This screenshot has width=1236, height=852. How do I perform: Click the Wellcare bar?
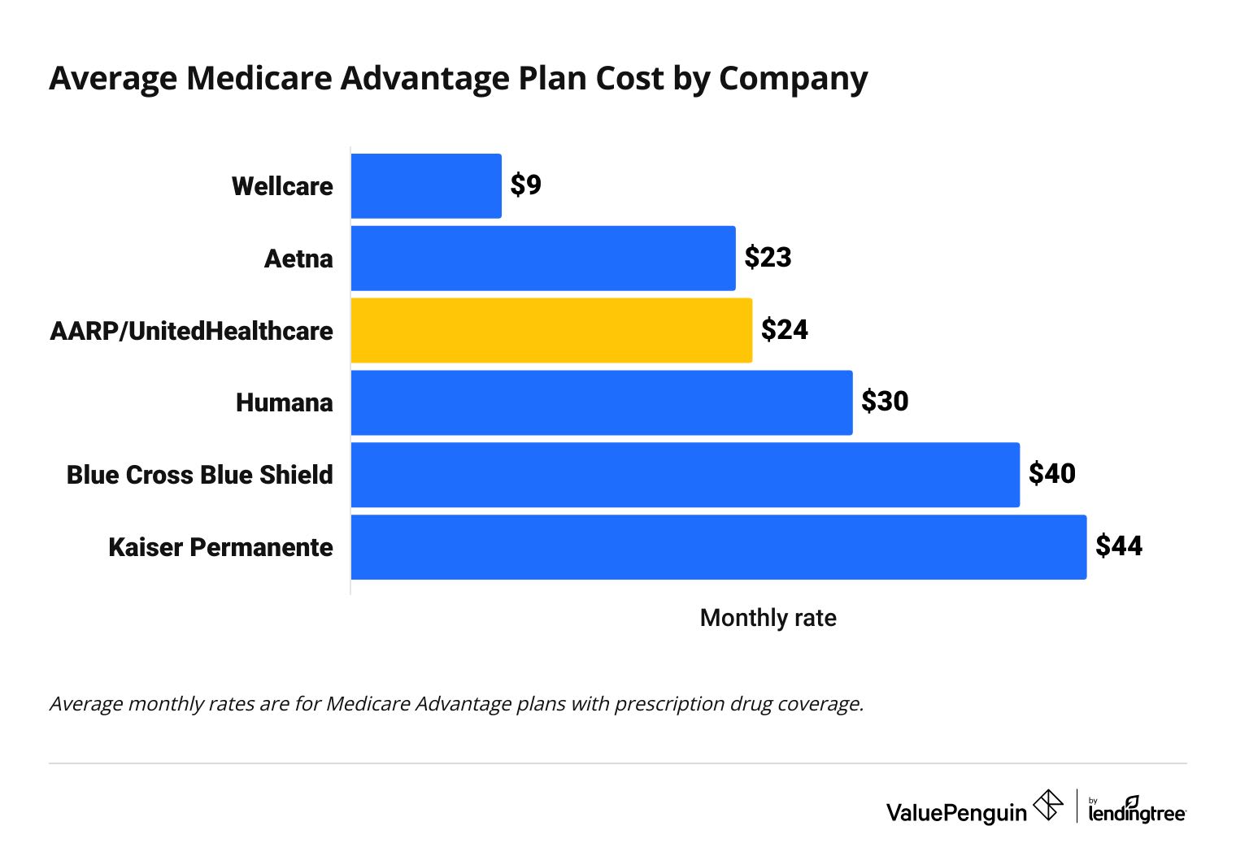pyautogui.click(x=426, y=186)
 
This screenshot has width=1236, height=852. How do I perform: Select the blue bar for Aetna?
pyautogui.click(x=543, y=259)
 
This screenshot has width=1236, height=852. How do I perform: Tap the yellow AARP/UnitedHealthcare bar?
pyautogui.click(x=551, y=330)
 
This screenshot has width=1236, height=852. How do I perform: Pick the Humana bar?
pyautogui.click(x=602, y=402)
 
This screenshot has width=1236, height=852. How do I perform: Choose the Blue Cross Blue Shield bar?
pyautogui.click(x=685, y=475)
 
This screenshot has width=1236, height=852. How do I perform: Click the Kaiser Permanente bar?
pyautogui.click(x=718, y=547)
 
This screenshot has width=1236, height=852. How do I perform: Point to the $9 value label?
pyautogui.click(x=525, y=185)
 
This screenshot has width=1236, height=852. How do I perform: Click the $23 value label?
pyautogui.click(x=768, y=258)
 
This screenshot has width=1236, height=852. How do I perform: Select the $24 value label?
pyautogui.click(x=784, y=329)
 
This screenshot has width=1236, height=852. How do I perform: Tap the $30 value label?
pyautogui.click(x=885, y=402)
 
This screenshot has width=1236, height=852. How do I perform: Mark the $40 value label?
pyautogui.click(x=1051, y=474)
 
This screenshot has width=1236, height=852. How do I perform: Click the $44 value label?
pyautogui.click(x=1118, y=546)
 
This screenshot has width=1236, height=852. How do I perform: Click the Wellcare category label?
pyautogui.click(x=282, y=186)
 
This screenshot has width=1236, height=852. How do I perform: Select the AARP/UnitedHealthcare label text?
pyautogui.click(x=191, y=331)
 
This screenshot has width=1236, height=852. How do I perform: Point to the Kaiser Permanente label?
pyautogui.click(x=220, y=547)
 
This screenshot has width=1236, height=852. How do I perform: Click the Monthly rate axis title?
pyautogui.click(x=768, y=618)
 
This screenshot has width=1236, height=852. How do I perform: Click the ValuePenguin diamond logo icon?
pyautogui.click(x=1047, y=806)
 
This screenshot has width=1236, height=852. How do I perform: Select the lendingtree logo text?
pyautogui.click(x=1137, y=812)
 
